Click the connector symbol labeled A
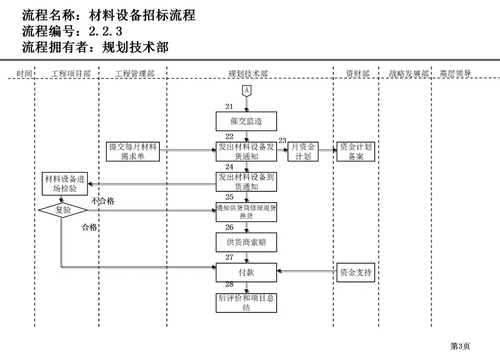(246, 91)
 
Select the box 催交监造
(246, 121)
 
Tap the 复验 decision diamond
(63, 210)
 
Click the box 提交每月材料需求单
(133, 151)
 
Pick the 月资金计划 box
(303, 151)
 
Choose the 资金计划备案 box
(355, 151)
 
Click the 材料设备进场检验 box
(64, 184)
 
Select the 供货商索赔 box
(246, 242)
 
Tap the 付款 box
(246, 272)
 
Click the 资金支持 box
(355, 272)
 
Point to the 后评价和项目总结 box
(246, 303)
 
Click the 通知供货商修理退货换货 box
(246, 212)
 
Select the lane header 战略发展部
(409, 74)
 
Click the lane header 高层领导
(455, 73)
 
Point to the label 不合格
(103, 201)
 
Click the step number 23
(282, 141)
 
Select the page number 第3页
(460, 346)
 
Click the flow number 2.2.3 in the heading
(105, 31)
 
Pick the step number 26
(229, 227)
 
